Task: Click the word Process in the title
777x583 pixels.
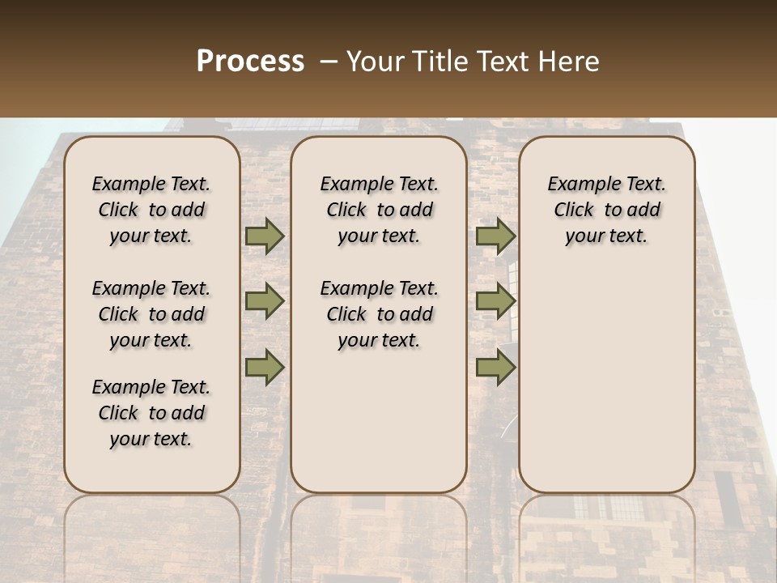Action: [x=250, y=62]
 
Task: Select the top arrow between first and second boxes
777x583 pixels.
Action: [x=265, y=236]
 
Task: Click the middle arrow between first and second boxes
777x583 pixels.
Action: [x=265, y=301]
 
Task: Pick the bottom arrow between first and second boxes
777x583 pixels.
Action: [x=265, y=368]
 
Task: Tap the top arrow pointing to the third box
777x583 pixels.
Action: [x=495, y=236]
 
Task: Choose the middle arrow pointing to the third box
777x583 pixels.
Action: [x=495, y=301]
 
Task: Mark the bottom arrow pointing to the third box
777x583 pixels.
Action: [x=495, y=368]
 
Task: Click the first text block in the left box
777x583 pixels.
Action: [x=151, y=210]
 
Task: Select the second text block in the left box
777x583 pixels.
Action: [x=151, y=314]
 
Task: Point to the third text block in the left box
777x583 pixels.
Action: [x=151, y=413]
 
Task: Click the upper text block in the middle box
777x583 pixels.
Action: [x=379, y=210]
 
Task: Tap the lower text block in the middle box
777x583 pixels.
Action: [x=379, y=314]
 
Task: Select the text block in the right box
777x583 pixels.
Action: [x=606, y=210]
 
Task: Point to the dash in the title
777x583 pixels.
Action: [x=329, y=62]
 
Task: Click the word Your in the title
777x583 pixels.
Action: [x=371, y=62]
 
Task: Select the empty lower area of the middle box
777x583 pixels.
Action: [x=379, y=421]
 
